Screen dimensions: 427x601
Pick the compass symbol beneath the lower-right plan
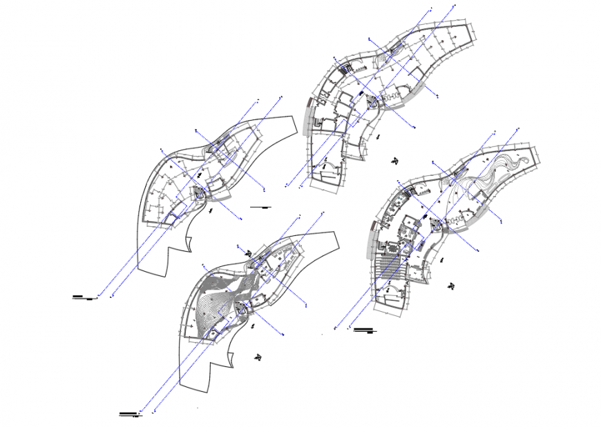(452, 285)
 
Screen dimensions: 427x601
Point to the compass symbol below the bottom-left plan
(258, 357)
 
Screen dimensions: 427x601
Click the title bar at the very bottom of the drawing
(128, 414)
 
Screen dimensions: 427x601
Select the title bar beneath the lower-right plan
(365, 330)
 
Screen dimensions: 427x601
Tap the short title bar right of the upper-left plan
(262, 206)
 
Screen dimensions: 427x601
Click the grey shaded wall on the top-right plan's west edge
(307, 110)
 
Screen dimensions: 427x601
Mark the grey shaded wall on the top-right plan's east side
(405, 102)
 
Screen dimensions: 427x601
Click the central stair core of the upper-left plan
(198, 195)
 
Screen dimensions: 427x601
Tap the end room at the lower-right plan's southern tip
(388, 301)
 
